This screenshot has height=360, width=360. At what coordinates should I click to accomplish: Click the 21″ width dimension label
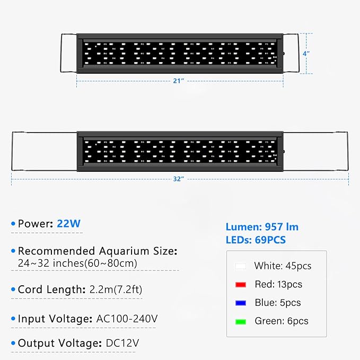coord(178,81)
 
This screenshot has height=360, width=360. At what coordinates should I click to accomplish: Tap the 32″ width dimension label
coord(178,179)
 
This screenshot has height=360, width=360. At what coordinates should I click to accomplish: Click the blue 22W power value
coord(69,224)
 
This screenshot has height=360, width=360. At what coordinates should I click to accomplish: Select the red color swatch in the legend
coord(241,285)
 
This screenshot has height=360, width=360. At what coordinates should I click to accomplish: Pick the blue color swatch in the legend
coord(241,303)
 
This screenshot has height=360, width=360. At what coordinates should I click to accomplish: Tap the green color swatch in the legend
coord(241,321)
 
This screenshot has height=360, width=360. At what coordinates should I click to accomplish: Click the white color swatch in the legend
coord(241,266)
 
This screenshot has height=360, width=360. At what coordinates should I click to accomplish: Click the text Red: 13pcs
coord(278,284)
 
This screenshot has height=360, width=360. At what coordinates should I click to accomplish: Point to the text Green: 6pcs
coord(281,321)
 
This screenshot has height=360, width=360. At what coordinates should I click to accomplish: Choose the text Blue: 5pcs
coord(277,303)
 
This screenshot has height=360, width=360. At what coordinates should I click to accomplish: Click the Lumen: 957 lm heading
coord(262,227)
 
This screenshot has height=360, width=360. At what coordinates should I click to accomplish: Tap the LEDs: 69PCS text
coord(256,240)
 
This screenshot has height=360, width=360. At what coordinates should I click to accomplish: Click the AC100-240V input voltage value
coord(127,319)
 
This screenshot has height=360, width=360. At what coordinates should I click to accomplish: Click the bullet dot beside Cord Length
coord(13,290)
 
